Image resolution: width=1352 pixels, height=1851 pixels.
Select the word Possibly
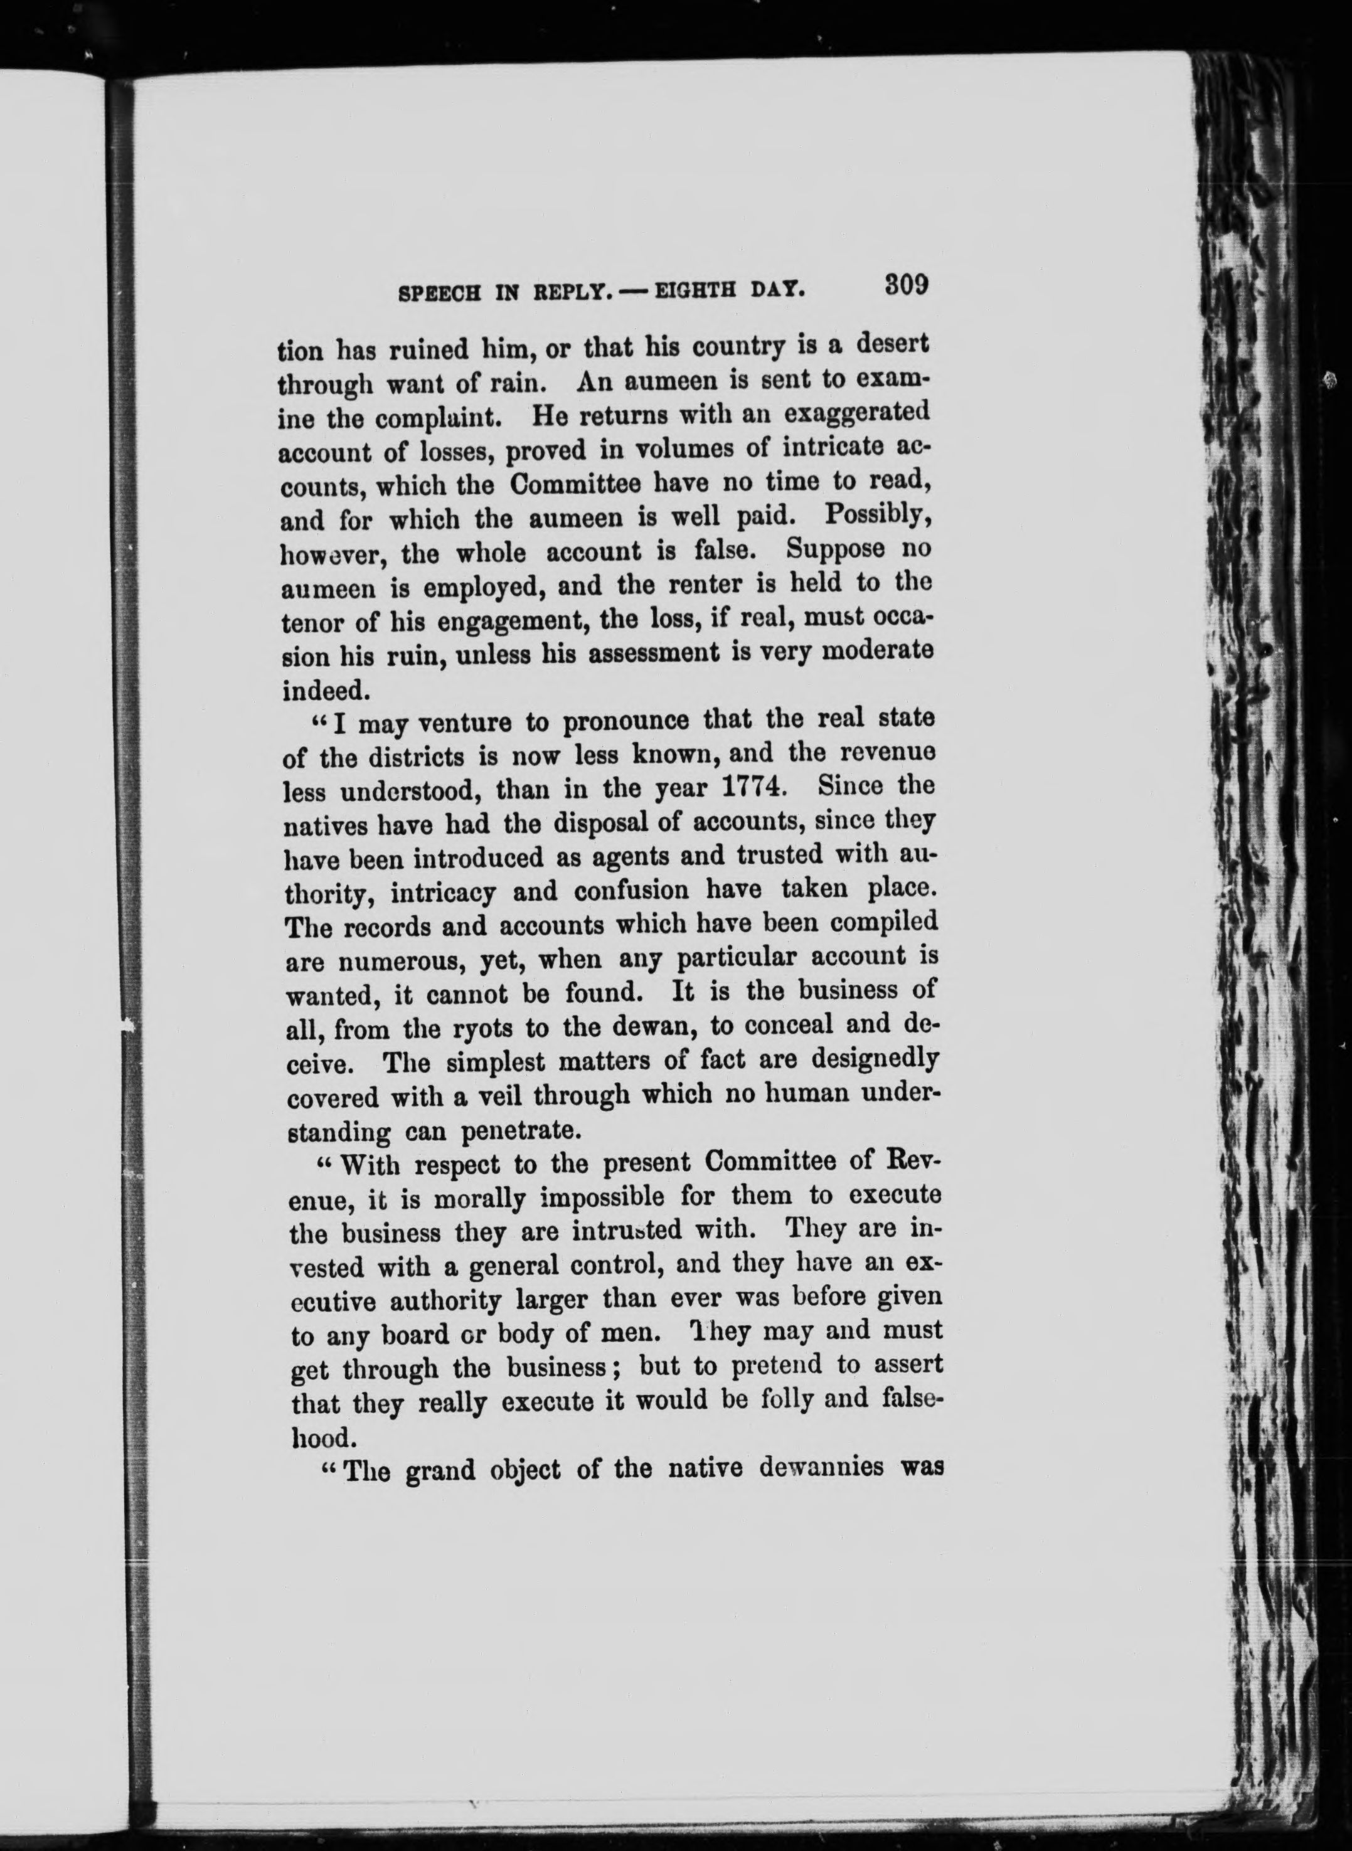pyautogui.click(x=876, y=515)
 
